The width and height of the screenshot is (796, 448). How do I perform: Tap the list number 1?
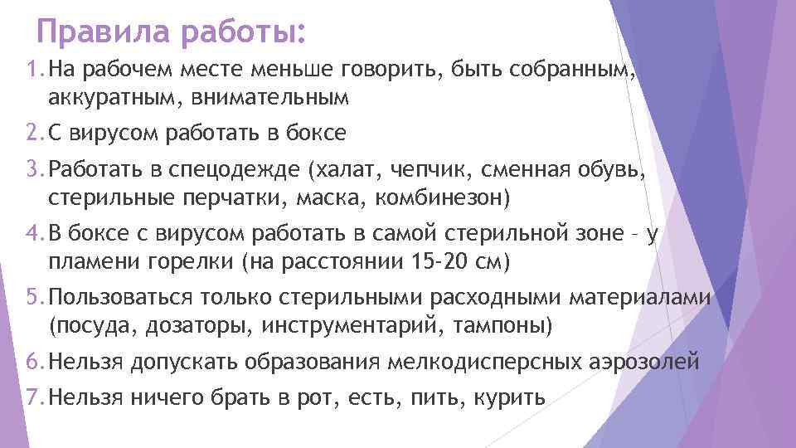(x=32, y=71)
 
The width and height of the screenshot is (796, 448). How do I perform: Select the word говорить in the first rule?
(x=391, y=71)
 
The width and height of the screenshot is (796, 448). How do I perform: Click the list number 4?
(x=32, y=236)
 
